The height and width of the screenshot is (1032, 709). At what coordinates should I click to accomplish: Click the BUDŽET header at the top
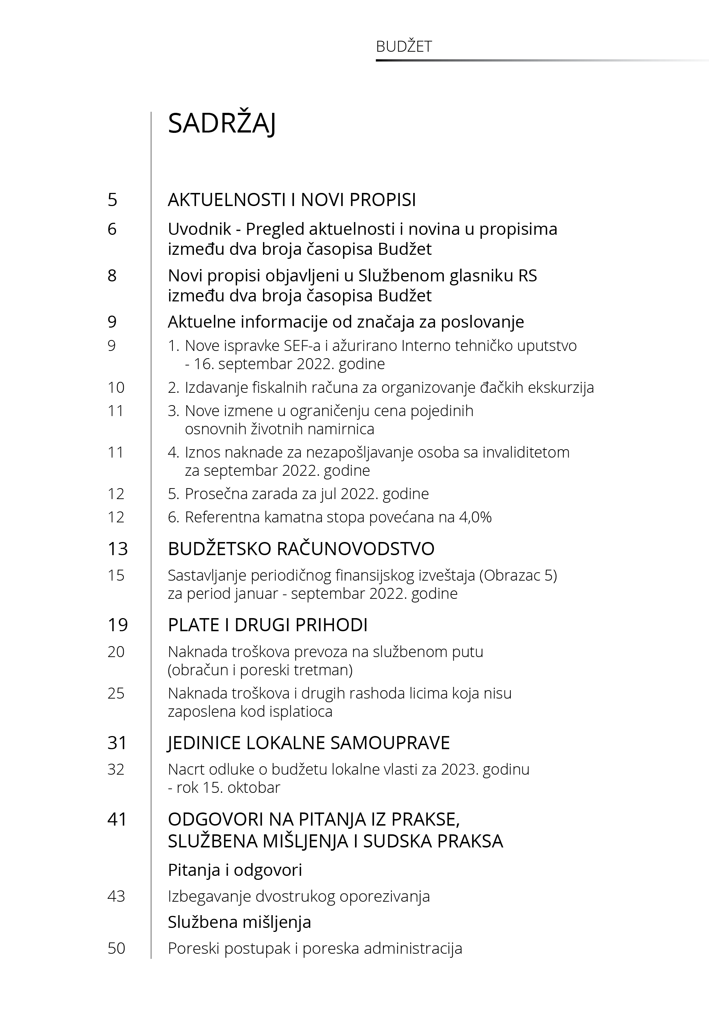[x=403, y=47]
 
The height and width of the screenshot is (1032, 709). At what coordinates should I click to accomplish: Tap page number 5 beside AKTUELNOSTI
[x=112, y=200]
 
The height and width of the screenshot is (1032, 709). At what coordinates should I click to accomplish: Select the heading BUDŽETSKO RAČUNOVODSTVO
[x=301, y=549]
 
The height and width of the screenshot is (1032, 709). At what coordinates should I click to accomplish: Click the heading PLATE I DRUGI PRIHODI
[x=267, y=625]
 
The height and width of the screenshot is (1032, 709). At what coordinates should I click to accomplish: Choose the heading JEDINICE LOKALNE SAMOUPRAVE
[x=309, y=743]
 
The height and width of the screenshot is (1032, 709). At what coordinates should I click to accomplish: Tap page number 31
[x=117, y=743]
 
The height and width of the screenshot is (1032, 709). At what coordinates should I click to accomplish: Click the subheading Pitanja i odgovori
[x=235, y=870]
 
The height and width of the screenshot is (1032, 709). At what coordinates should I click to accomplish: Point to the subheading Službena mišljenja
[x=239, y=922]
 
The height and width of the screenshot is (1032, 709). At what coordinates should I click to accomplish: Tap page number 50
[x=116, y=948]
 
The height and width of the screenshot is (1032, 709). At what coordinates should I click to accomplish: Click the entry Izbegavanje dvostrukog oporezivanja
[x=299, y=897]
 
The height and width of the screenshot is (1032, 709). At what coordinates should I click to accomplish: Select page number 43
[x=116, y=897]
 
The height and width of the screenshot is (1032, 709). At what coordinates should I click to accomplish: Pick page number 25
[x=116, y=693]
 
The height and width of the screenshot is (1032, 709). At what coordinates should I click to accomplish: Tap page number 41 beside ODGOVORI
[x=117, y=819]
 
